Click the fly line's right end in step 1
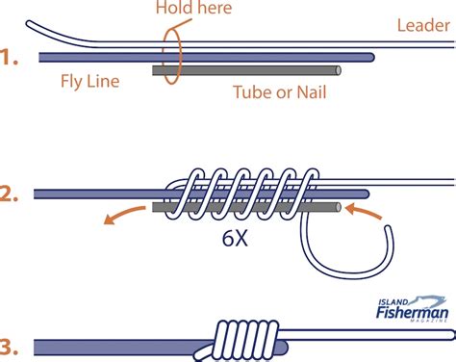372,58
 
